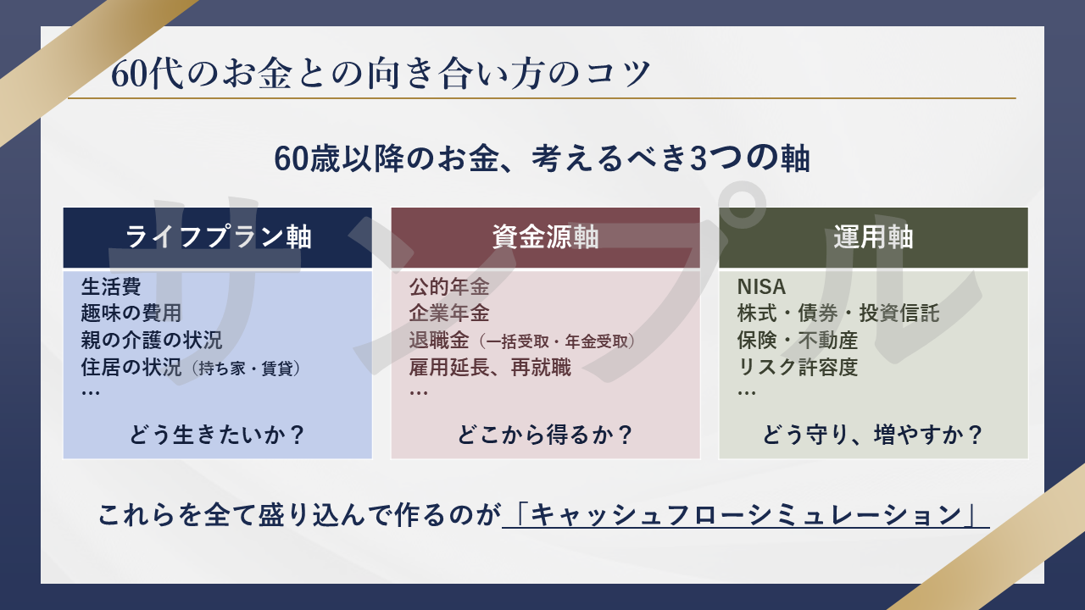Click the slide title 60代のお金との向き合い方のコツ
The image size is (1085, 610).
click(381, 74)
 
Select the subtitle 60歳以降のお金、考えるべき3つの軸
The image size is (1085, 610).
click(542, 158)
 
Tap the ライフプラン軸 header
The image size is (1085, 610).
click(218, 237)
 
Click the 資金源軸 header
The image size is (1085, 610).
click(545, 237)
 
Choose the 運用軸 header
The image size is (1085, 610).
click(873, 237)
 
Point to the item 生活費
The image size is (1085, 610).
click(111, 286)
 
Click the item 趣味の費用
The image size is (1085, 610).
click(131, 313)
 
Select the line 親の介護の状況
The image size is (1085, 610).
click(151, 340)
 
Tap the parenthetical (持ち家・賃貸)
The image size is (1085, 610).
click(246, 369)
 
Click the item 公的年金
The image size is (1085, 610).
click(449, 286)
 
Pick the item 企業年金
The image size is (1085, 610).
click(449, 313)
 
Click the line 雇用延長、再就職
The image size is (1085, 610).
click(490, 368)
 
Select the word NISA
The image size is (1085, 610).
click(761, 287)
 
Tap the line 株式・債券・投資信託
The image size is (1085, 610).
click(838, 313)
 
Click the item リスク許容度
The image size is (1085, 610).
click(798, 368)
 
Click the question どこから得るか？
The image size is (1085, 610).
click(545, 435)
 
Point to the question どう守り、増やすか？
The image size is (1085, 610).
click(873, 435)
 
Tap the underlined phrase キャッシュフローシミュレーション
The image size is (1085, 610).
click(746, 514)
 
